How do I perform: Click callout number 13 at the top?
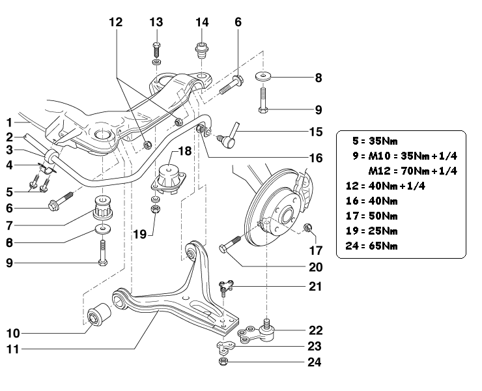[x=156, y=22]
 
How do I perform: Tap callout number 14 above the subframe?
[x=202, y=22]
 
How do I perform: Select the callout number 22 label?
[x=316, y=330]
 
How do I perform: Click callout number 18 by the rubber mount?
[x=185, y=151]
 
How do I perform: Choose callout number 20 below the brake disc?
[x=316, y=267]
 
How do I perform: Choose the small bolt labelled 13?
[x=156, y=48]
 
